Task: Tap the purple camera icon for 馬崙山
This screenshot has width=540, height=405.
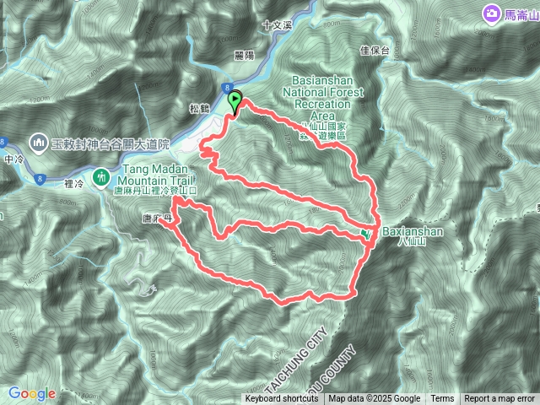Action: pyautogui.click(x=490, y=14)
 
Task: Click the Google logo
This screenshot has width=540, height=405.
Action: pyautogui.click(x=32, y=393)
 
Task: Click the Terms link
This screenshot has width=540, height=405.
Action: pyautogui.click(x=442, y=399)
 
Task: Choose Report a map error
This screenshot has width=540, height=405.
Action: pyautogui.click(x=499, y=399)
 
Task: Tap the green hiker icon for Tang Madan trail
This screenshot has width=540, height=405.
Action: pyautogui.click(x=101, y=177)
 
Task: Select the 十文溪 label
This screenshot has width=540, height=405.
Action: pyautogui.click(x=277, y=26)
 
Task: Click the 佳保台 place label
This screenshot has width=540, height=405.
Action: pyautogui.click(x=374, y=51)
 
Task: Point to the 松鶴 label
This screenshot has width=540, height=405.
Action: pyautogui.click(x=197, y=107)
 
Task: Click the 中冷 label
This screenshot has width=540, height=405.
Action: pyautogui.click(x=14, y=158)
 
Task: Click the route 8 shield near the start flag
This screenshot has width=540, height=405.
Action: pyautogui.click(x=228, y=87)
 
